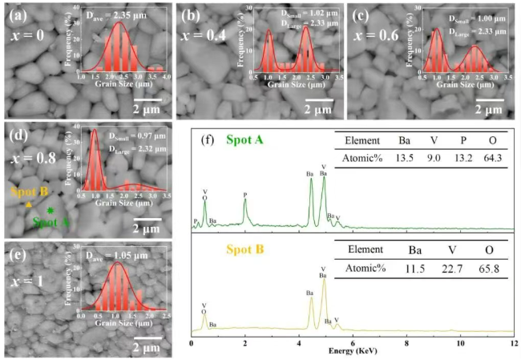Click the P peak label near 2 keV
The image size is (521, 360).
(245, 194)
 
